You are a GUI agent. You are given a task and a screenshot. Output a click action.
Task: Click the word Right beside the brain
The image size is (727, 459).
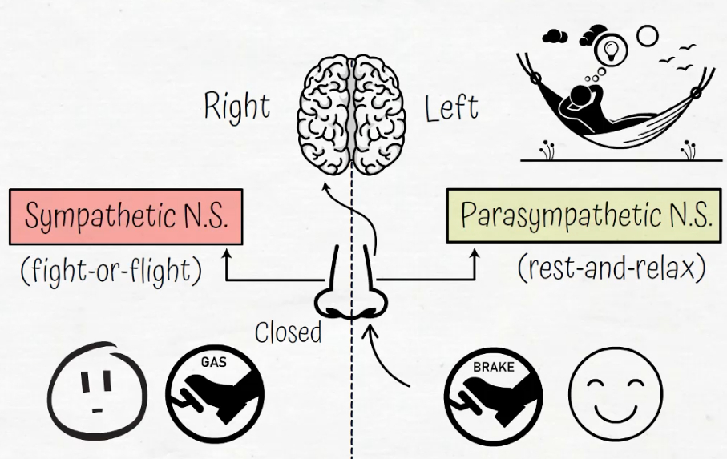(x=236, y=107)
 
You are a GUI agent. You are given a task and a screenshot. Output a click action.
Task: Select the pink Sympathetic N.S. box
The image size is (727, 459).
(x=126, y=216)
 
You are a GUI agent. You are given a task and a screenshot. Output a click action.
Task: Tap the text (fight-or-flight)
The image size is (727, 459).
(x=110, y=270)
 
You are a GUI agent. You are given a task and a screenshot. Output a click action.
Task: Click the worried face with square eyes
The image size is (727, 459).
(x=97, y=393)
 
